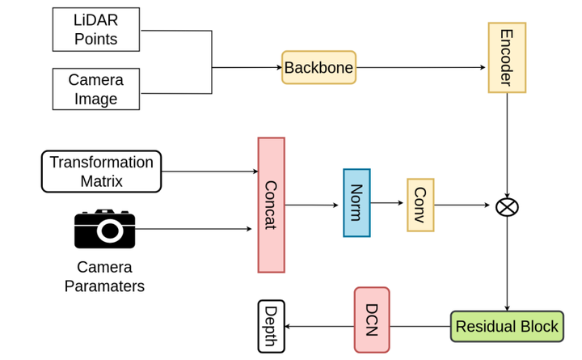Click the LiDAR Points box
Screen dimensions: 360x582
click(x=96, y=29)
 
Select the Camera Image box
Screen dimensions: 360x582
click(x=96, y=89)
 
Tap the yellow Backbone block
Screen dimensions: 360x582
click(x=318, y=68)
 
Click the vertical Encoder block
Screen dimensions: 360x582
click(x=507, y=57)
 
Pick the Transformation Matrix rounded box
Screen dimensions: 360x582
click(x=101, y=172)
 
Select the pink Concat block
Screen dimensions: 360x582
click(x=271, y=205)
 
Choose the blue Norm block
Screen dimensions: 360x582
click(x=356, y=203)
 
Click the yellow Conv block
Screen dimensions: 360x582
click(x=420, y=205)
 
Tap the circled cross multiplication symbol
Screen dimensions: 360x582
click(x=507, y=206)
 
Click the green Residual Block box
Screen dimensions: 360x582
click(x=507, y=327)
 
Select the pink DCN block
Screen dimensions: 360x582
click(x=371, y=320)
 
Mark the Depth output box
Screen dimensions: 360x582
click(x=271, y=326)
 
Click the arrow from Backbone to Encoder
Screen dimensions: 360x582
click(x=421, y=68)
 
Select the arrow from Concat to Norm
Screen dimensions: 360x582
click(x=313, y=205)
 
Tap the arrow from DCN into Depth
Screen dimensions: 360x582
click(x=319, y=327)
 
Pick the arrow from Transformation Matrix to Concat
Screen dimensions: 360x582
click(x=209, y=172)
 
